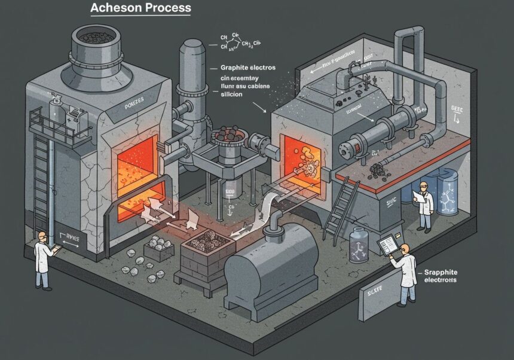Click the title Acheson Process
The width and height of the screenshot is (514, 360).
[140, 8]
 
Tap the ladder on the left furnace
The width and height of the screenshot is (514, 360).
[39, 179]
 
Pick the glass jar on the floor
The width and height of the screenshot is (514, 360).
[359, 245]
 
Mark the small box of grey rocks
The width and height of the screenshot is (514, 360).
[159, 246]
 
